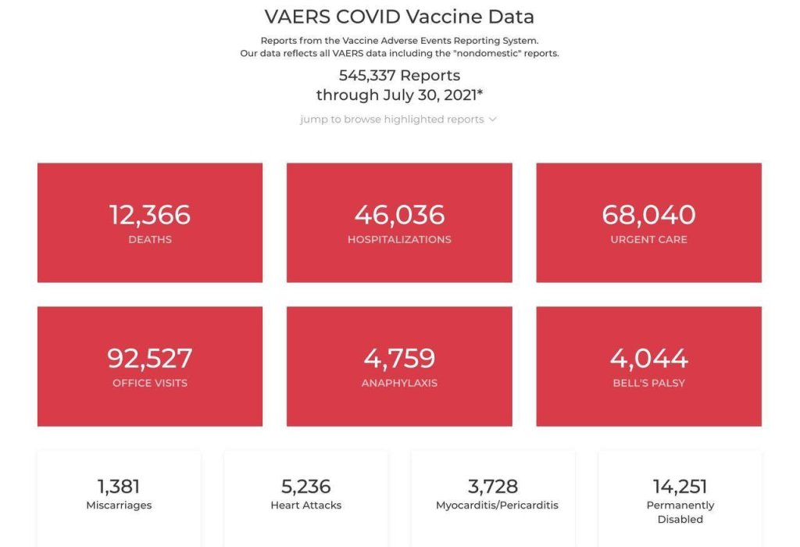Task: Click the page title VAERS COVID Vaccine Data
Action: pyautogui.click(x=399, y=16)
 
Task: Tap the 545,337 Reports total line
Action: pyautogui.click(x=399, y=76)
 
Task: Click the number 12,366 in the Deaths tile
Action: pyautogui.click(x=149, y=214)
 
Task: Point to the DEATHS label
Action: pyautogui.click(x=149, y=239)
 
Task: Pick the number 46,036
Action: pyautogui.click(x=399, y=214)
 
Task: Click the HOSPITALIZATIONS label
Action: pyautogui.click(x=399, y=239)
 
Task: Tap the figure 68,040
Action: pyautogui.click(x=648, y=214)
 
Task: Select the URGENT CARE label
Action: pyautogui.click(x=648, y=239)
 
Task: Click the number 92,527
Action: pyautogui.click(x=149, y=358)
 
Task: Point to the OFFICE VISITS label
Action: pyautogui.click(x=149, y=383)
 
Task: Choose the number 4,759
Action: pyautogui.click(x=399, y=358)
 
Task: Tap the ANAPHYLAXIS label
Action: pyautogui.click(x=399, y=383)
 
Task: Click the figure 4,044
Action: pyautogui.click(x=648, y=358)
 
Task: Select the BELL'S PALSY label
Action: pyautogui.click(x=648, y=383)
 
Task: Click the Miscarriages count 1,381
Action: pyautogui.click(x=119, y=486)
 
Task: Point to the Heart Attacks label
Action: pyautogui.click(x=305, y=506)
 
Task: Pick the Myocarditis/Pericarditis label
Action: pyautogui.click(x=493, y=506)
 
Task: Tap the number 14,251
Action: pyautogui.click(x=680, y=486)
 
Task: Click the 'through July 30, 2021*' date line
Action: pyautogui.click(x=399, y=95)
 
